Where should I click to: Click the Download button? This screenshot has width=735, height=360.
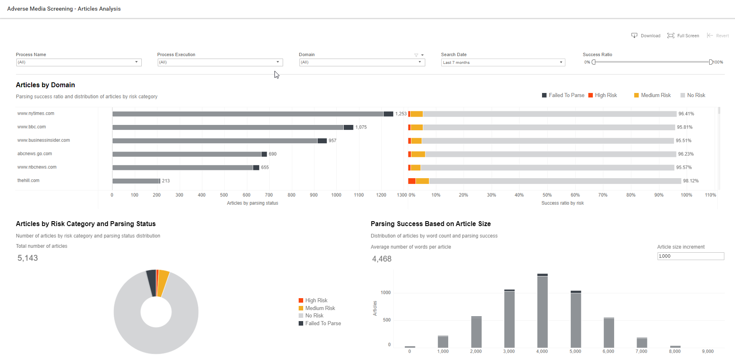646,36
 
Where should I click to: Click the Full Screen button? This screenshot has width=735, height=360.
683,36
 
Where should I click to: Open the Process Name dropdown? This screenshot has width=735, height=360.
79,62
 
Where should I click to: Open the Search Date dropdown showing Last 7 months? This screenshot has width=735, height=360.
503,62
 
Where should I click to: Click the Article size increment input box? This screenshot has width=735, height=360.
691,256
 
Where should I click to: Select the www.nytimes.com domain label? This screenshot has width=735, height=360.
36,113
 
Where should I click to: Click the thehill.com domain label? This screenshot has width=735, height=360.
28,180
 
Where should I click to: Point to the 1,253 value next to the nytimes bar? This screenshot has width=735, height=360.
401,114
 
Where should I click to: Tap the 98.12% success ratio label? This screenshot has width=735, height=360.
691,181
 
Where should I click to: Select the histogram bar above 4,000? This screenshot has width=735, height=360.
542,311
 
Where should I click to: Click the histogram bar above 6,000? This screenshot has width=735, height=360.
609,333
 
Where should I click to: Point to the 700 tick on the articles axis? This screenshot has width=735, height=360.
269,195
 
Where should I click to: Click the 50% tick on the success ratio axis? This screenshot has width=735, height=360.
547,195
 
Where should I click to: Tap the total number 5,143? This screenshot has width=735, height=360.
27,258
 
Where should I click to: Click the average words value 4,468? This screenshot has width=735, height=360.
382,259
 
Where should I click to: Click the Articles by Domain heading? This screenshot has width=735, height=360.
45,85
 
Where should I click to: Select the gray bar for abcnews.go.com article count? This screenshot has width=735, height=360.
187,154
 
